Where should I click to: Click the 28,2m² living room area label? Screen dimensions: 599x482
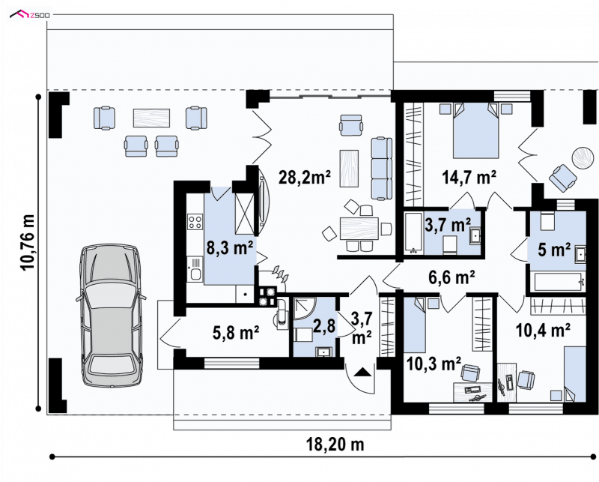[x=305, y=177]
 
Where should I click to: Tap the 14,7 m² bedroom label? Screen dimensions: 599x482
[x=469, y=177]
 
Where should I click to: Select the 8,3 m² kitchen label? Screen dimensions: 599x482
[x=230, y=248]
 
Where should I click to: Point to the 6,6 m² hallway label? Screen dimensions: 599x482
[x=452, y=277]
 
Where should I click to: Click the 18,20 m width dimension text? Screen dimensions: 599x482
[x=335, y=445]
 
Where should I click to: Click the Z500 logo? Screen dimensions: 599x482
[x=30, y=14]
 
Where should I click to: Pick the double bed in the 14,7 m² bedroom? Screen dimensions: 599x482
[x=476, y=130]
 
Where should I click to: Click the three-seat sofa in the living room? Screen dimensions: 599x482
[x=382, y=169]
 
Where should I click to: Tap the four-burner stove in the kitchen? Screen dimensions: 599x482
[x=195, y=222]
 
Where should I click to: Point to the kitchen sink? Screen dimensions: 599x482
[x=195, y=270]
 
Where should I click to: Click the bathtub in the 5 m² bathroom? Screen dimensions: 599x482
[x=556, y=283]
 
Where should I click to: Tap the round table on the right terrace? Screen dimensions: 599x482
[x=583, y=157]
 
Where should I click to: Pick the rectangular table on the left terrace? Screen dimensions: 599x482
[x=151, y=118]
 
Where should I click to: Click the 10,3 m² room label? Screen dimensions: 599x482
[x=434, y=364]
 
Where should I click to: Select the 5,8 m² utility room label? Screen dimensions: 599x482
[x=237, y=332]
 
